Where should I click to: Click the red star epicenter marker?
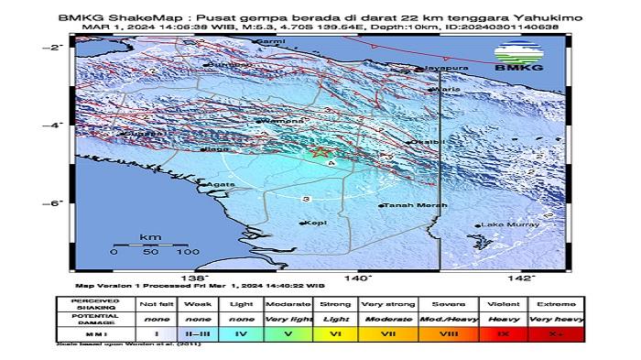pyautogui.click(x=320, y=150)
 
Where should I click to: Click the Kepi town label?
pyautogui.click(x=316, y=222)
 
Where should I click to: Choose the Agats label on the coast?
pyautogui.click(x=215, y=184)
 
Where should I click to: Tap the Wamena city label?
pyautogui.click(x=277, y=120)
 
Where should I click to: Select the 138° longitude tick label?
pyautogui.click(x=193, y=278)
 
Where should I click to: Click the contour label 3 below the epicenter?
pyautogui.click(x=306, y=198)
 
